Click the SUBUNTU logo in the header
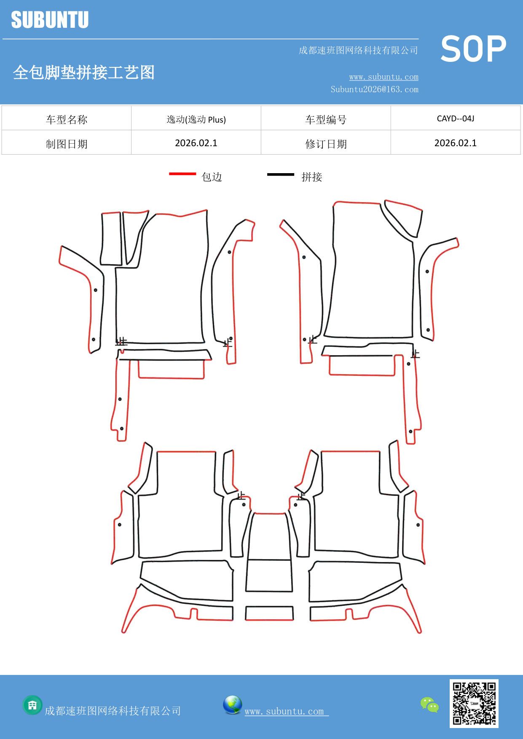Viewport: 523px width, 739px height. tap(50, 20)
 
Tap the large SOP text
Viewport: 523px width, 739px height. tap(473, 49)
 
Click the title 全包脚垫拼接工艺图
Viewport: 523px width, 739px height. tap(84, 72)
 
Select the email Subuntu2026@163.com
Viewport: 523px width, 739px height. tap(374, 89)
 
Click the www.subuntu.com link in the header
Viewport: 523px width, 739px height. tap(384, 77)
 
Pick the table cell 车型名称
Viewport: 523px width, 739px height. tap(67, 120)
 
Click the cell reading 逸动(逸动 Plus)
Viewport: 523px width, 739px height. tap(196, 120)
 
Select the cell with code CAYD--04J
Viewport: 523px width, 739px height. tap(456, 118)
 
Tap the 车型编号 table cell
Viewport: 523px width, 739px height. tap(326, 120)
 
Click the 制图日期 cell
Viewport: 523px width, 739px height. tap(67, 144)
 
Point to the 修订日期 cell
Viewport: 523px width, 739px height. tap(326, 144)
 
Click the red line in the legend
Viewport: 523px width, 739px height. tap(182, 174)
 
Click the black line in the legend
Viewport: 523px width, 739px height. tap(281, 174)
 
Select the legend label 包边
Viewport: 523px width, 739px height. tap(212, 177)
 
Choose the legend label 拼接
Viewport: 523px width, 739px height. tap(312, 177)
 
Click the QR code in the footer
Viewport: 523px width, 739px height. tap(474, 704)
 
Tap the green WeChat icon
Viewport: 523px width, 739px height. tap(429, 705)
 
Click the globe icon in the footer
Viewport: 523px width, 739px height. tap(232, 705)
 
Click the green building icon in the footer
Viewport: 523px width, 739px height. tap(32, 705)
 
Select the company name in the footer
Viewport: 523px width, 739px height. tap(113, 711)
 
